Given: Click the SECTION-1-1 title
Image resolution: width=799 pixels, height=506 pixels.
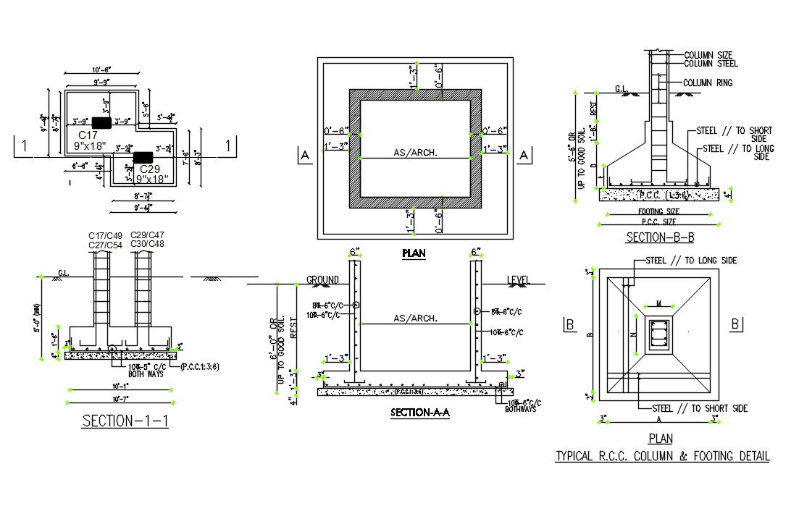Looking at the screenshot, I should click(125, 421).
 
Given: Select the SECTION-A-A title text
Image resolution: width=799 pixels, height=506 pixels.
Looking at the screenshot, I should click(420, 413).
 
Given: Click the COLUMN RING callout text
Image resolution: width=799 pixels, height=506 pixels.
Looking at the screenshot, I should click(708, 83).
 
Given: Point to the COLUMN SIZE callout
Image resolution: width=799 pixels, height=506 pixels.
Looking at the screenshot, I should click(708, 55).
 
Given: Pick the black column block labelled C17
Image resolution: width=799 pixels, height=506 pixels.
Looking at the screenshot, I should click(101, 123).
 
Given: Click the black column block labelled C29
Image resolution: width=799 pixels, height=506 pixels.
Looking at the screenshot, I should click(143, 156).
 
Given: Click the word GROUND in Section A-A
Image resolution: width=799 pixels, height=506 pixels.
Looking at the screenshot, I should click(322, 279).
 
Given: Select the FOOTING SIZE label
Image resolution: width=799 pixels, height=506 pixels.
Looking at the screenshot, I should click(658, 211).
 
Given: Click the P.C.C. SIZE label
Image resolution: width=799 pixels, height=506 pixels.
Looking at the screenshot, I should click(658, 222).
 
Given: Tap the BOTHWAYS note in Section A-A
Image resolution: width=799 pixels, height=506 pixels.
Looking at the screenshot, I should click(521, 409).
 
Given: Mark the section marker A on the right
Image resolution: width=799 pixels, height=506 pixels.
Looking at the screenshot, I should click(525, 154).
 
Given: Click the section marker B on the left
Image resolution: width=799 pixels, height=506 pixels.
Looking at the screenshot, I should click(570, 324).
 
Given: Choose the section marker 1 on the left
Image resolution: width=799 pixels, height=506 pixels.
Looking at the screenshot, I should click(24, 146).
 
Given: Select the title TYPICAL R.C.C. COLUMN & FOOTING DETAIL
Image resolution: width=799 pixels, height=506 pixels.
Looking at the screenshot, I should click(662, 456).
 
